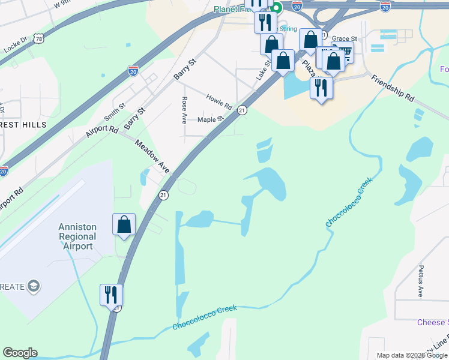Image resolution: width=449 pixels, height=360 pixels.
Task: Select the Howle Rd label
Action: point(219,101)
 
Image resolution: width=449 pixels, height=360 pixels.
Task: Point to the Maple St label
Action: point(210,119)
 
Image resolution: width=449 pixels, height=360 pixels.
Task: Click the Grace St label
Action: point(345,38)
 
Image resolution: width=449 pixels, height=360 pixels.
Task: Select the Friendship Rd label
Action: point(393,88)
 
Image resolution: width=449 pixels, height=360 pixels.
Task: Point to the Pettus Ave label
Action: point(421,281)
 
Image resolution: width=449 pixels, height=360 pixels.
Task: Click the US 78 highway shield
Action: point(39,38)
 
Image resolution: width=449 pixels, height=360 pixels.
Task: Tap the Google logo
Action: point(20,353)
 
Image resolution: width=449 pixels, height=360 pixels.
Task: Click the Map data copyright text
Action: point(412,355)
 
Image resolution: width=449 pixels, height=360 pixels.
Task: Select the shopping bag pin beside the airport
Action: point(124,225)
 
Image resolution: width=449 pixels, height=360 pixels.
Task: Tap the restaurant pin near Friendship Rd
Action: point(321,88)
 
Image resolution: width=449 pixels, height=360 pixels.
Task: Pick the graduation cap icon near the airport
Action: point(34,286)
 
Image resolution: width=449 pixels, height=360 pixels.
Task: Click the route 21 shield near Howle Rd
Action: point(242,110)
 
